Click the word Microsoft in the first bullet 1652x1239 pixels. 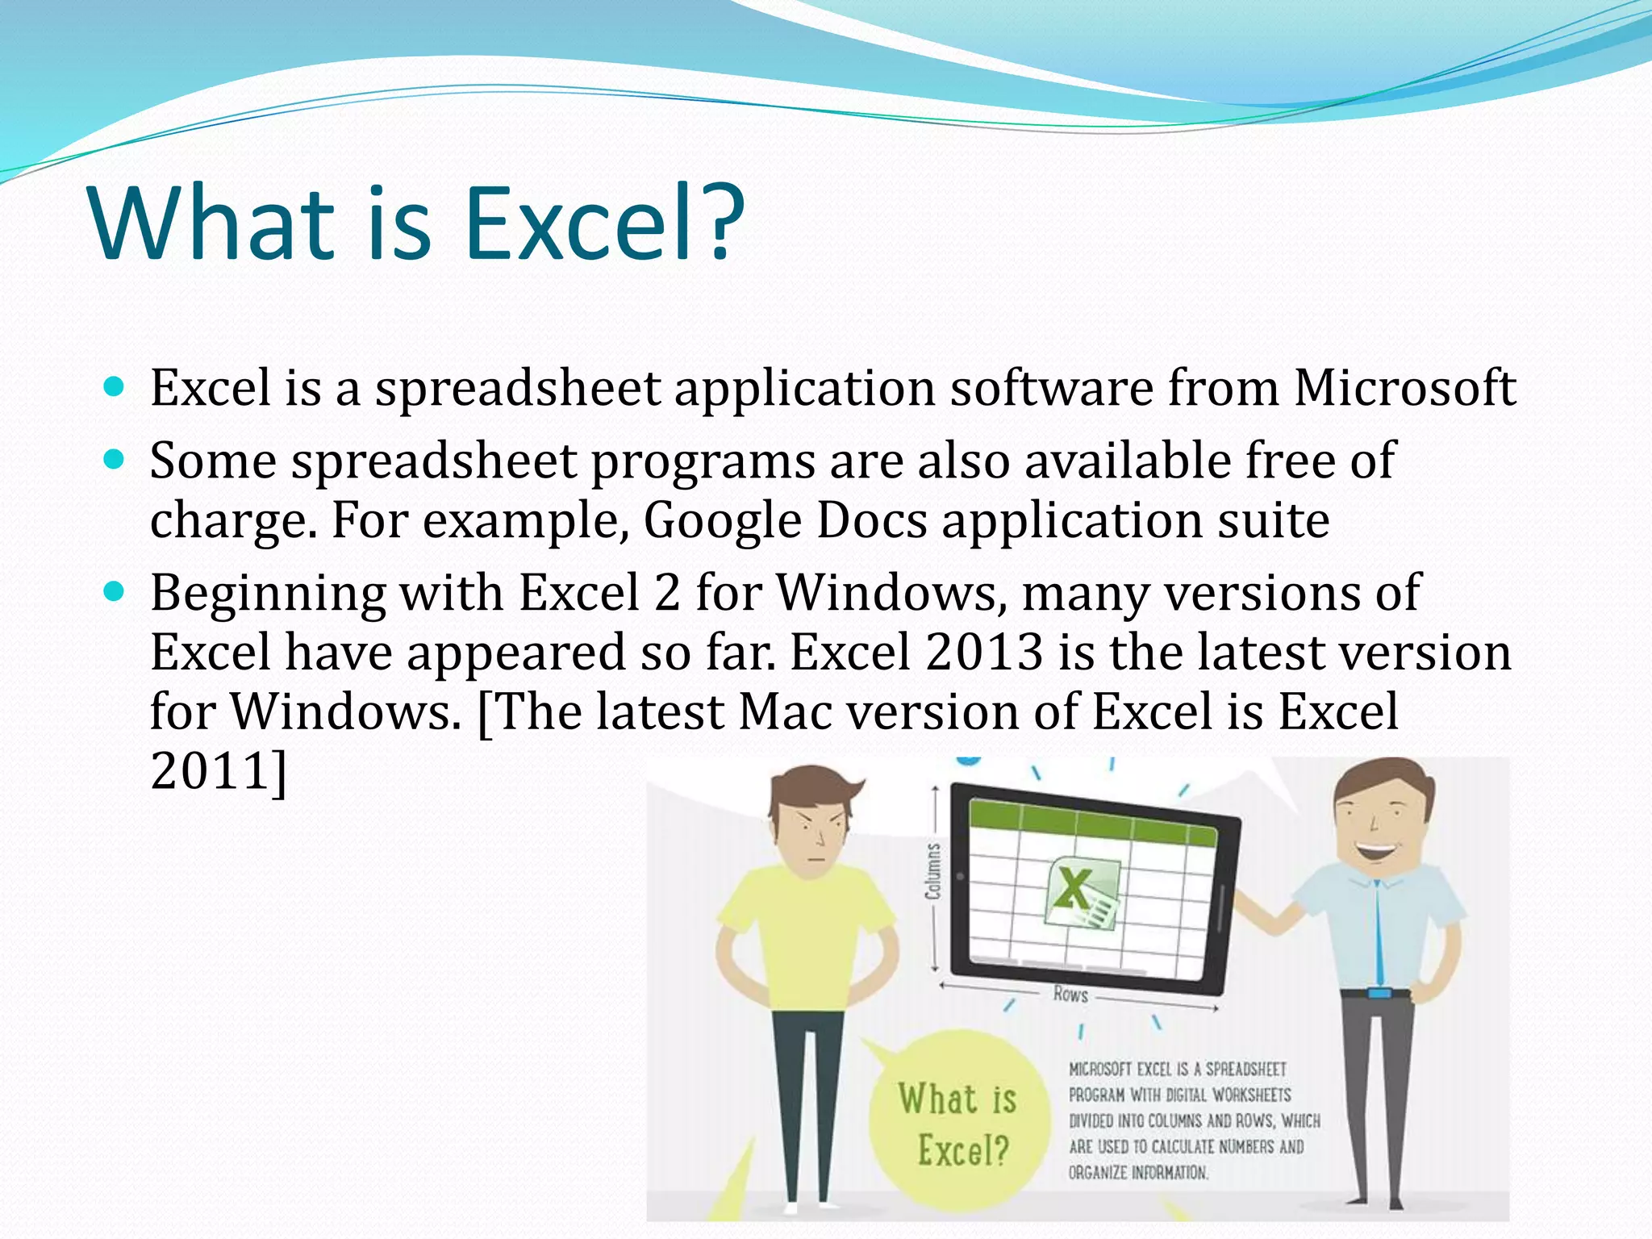1404,388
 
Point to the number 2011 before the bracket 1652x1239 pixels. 211,770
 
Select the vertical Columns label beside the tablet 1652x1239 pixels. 932,871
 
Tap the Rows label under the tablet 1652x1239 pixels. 1070,994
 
